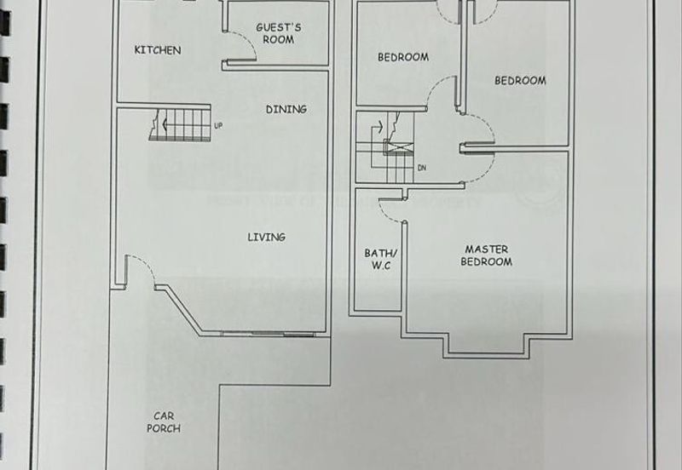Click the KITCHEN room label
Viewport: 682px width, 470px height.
click(158, 50)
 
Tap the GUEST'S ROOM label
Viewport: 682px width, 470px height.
click(278, 33)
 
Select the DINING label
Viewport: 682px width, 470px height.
click(286, 109)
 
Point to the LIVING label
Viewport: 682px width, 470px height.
click(266, 237)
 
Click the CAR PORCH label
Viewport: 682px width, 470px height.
click(164, 422)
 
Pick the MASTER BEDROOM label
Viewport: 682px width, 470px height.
click(487, 255)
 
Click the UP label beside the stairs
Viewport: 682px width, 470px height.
click(218, 127)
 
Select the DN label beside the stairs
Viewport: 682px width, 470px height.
click(421, 168)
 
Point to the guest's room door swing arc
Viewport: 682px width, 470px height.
click(244, 44)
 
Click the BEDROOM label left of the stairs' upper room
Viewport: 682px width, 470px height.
click(402, 58)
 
